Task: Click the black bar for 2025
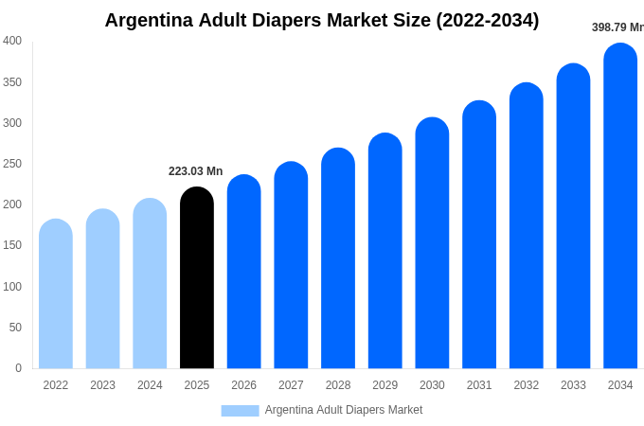pyautogui.click(x=197, y=278)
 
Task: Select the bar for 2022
pyautogui.click(x=56, y=294)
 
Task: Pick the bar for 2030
pyautogui.click(x=432, y=243)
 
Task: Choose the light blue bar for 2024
pyautogui.click(x=150, y=284)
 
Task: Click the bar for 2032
pyautogui.click(x=527, y=226)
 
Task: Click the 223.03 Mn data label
pyautogui.click(x=195, y=171)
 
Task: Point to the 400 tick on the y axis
pyautogui.click(x=12, y=41)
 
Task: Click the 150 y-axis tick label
pyautogui.click(x=12, y=245)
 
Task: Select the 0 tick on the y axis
pyautogui.click(x=18, y=368)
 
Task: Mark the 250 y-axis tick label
pyautogui.click(x=12, y=164)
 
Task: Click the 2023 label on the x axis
pyautogui.click(x=102, y=385)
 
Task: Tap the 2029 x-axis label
pyautogui.click(x=385, y=385)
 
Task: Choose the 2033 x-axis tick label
pyautogui.click(x=573, y=385)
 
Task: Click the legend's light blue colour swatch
pyautogui.click(x=240, y=410)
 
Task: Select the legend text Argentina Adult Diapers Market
pyautogui.click(x=344, y=410)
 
